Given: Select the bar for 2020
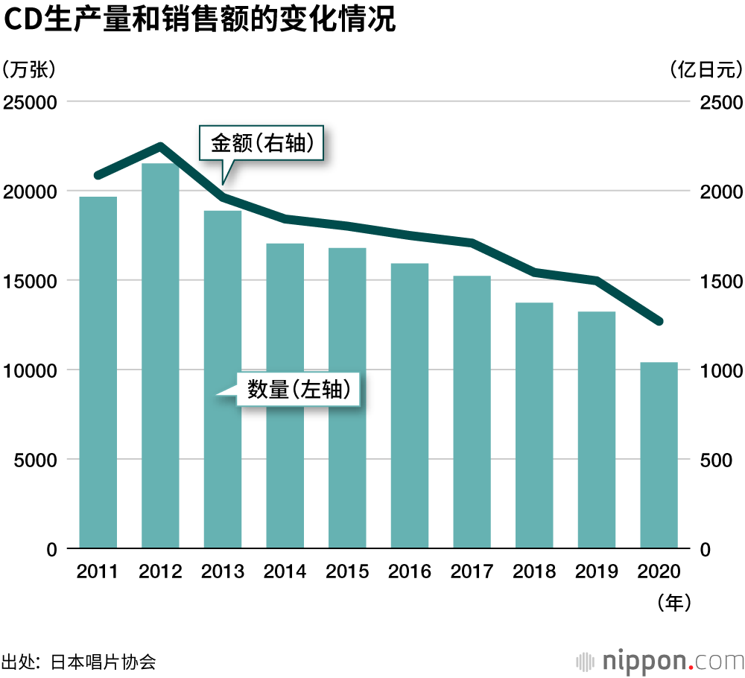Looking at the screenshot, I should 659,455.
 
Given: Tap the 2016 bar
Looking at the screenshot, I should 410,406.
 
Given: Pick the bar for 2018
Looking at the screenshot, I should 534,425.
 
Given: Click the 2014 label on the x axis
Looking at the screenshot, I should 285,571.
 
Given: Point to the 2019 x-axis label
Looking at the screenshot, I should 597,571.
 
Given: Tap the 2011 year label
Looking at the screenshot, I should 98,571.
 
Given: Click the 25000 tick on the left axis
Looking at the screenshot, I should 31,102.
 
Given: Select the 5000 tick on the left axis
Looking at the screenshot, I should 36,460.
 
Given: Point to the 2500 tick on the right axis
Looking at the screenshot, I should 721,102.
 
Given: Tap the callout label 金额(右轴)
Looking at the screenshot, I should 266,143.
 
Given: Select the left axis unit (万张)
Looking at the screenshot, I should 29,70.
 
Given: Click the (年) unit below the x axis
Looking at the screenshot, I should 674,602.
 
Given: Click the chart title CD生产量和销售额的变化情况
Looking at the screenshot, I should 199,20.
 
